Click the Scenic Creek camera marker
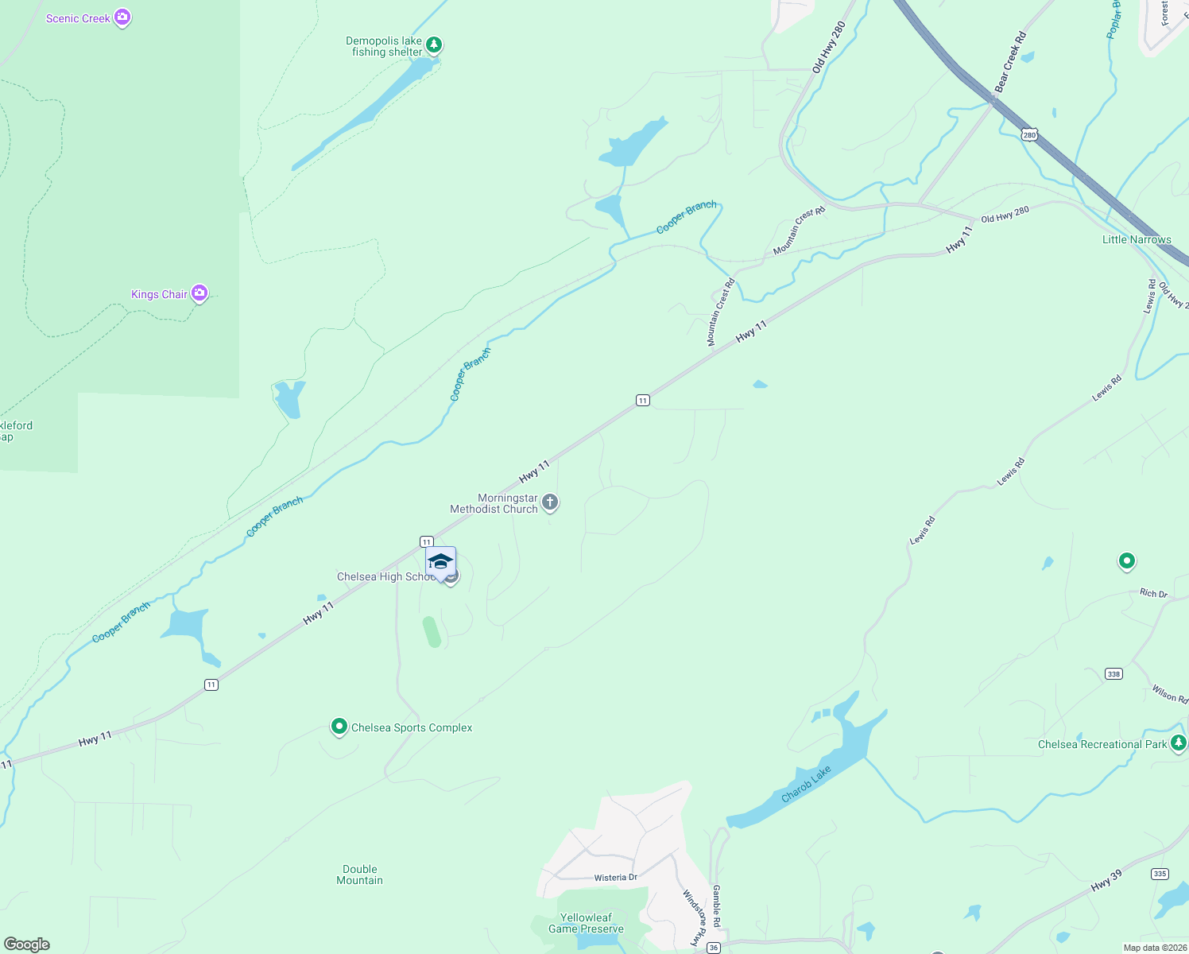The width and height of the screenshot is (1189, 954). tap(122, 17)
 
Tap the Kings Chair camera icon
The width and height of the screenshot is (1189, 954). tap(199, 293)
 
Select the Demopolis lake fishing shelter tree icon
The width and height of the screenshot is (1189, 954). tap(433, 45)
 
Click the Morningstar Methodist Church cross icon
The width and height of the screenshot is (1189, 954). tap(550, 502)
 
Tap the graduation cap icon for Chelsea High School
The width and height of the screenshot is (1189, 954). tap(440, 562)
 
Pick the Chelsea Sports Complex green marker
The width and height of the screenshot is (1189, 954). tap(339, 726)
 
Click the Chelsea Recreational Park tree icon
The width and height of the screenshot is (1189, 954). tap(1178, 743)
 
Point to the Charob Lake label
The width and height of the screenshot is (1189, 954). tap(806, 784)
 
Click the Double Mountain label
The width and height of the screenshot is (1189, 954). tap(360, 874)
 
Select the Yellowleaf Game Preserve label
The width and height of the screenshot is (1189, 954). tap(586, 923)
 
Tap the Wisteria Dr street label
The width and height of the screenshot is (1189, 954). tap(616, 878)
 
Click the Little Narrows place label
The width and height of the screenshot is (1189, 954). tap(1137, 239)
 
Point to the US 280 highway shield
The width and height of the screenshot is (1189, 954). tap(1030, 135)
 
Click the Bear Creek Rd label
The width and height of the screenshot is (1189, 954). tap(1010, 62)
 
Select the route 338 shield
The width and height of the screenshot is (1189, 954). tap(1113, 674)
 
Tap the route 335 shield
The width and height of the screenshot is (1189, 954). tap(1160, 874)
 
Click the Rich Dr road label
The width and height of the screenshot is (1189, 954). tap(1153, 593)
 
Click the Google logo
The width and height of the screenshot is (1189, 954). tap(27, 944)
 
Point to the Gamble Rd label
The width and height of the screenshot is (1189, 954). tap(716, 906)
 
